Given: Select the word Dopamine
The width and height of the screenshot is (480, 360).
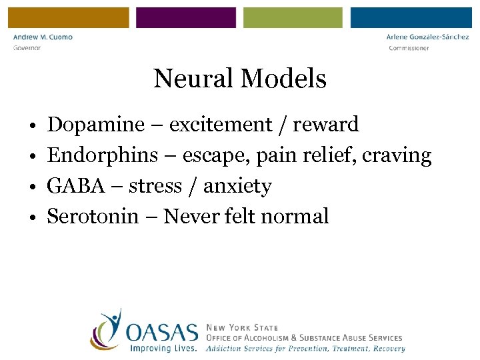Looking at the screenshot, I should (96, 125).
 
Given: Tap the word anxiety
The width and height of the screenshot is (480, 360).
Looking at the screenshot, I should (237, 187).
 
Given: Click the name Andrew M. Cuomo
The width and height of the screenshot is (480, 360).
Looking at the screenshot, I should (43, 37).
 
